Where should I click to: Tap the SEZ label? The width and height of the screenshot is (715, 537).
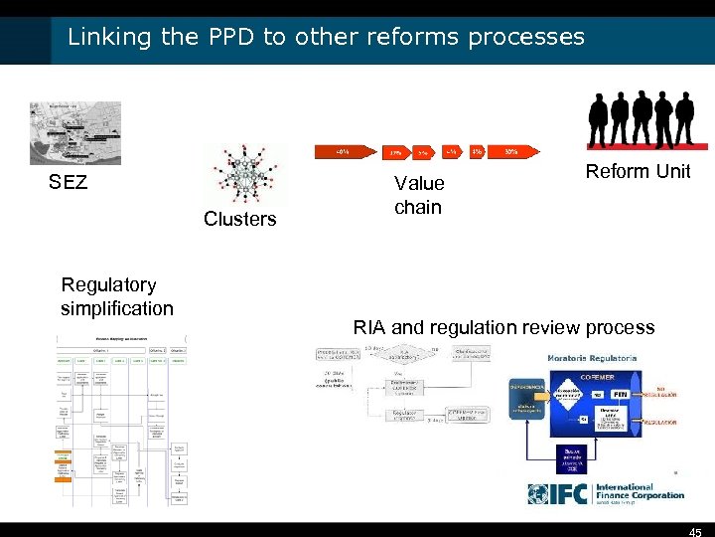[69, 182]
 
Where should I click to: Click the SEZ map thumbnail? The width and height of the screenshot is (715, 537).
[75, 132]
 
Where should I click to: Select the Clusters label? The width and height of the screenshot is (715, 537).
[239, 219]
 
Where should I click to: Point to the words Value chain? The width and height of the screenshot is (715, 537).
[418, 195]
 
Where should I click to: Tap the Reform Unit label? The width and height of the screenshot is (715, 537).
[638, 171]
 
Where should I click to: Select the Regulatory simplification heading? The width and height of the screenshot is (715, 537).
[117, 296]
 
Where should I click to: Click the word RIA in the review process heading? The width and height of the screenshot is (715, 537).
[369, 327]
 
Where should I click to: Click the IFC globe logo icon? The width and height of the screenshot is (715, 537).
[540, 493]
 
